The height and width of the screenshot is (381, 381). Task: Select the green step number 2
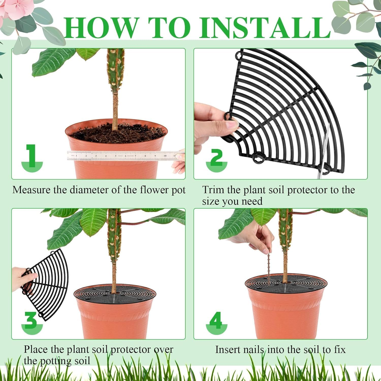[216, 157]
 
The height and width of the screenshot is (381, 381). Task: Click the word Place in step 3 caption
[36, 350]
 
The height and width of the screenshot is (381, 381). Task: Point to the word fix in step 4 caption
[340, 350]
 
